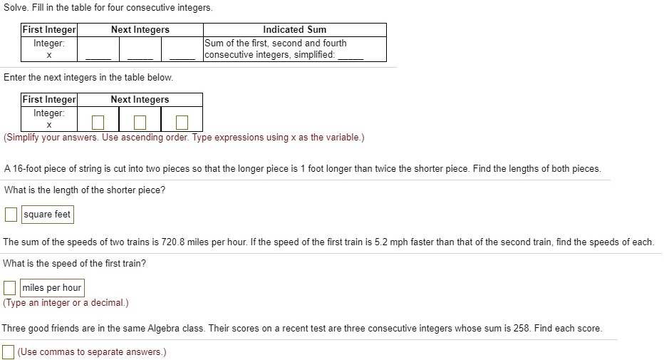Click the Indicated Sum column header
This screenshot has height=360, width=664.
294,30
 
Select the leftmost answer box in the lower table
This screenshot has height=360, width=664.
98,123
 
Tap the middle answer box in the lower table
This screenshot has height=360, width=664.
140,123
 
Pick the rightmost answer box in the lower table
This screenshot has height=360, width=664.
182,123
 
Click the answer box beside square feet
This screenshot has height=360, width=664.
11,215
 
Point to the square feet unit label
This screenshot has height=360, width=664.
47,215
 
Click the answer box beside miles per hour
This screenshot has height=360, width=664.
10,288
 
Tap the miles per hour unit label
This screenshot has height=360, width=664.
52,288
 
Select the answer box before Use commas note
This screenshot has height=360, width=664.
8,352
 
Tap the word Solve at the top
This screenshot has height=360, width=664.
16,8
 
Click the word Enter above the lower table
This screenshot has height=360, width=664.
16,77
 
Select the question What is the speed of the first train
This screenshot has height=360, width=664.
75,264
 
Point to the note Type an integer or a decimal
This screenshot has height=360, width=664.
66,303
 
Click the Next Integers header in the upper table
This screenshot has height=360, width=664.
140,30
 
